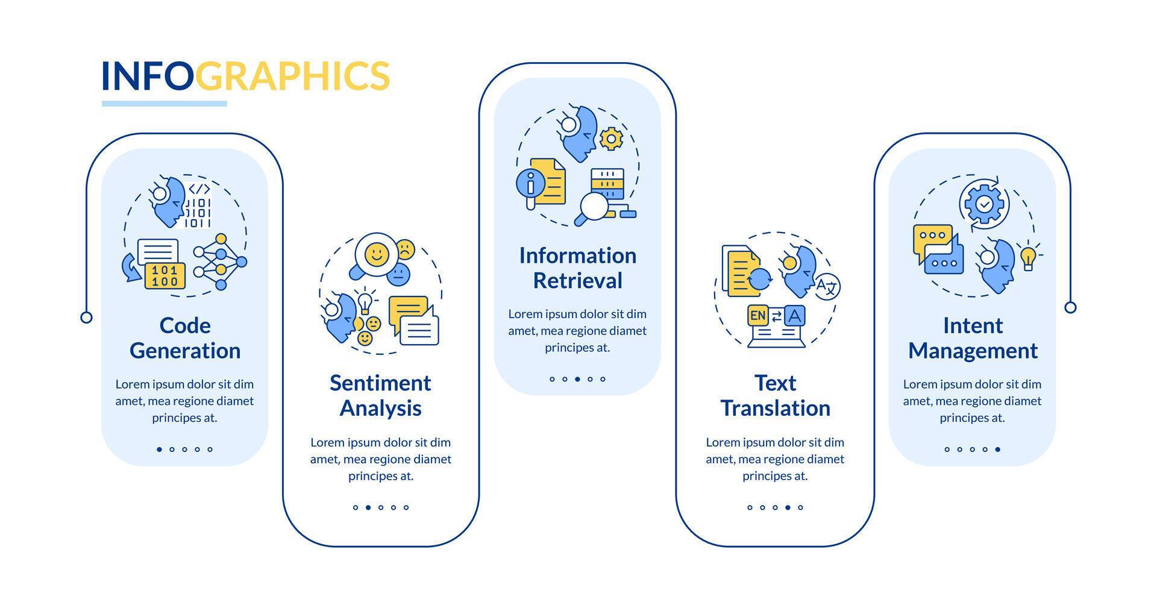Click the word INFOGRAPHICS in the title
245,75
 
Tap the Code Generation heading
185,338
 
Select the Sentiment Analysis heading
380,395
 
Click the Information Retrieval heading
578,268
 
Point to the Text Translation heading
775,395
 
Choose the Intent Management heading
973,338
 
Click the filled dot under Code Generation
159,449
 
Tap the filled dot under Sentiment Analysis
368,507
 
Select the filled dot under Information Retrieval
577,379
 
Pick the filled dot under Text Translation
788,507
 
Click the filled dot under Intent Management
998,449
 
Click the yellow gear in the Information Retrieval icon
611,139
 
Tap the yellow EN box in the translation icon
757,315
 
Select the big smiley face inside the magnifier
377,254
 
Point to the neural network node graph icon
220,262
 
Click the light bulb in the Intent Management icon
1028,257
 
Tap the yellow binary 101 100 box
165,275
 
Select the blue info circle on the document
531,183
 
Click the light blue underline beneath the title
164,104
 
